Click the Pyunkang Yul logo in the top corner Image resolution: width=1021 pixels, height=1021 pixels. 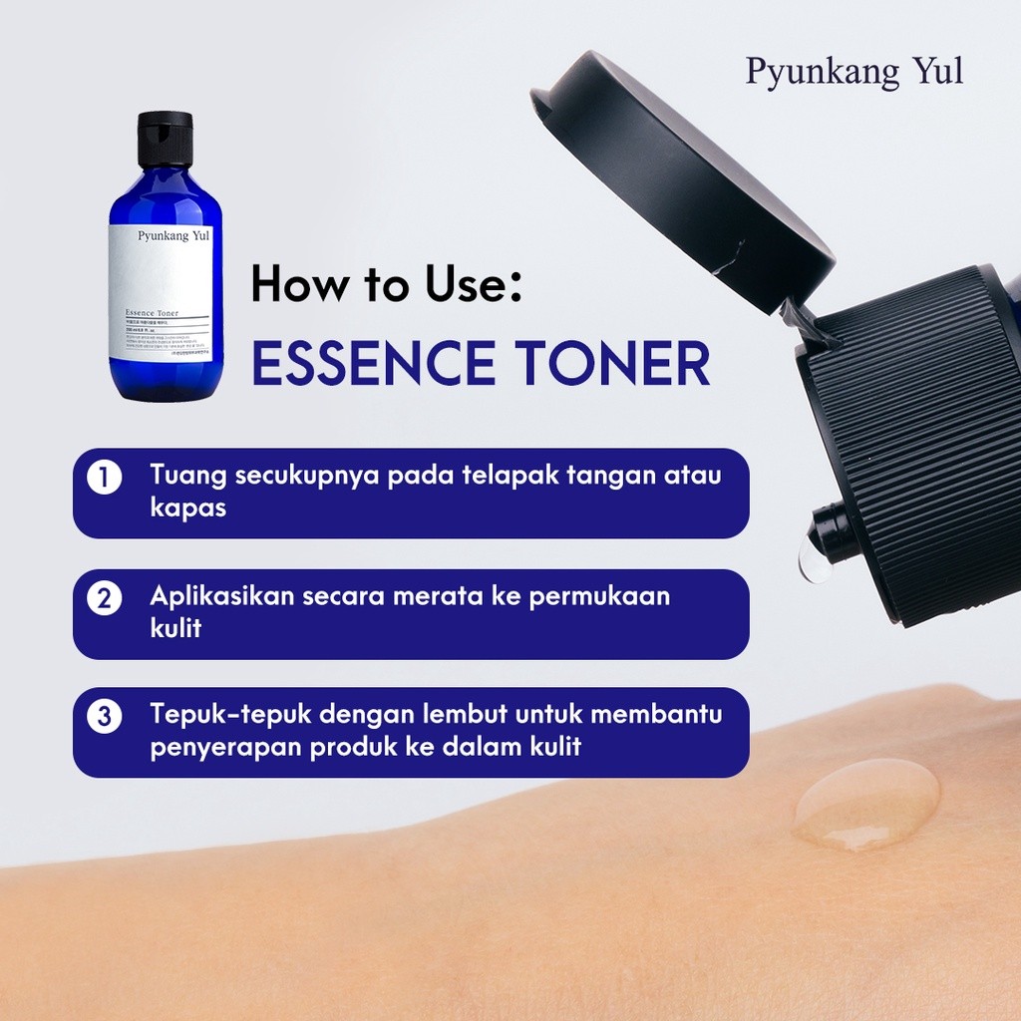[854, 73]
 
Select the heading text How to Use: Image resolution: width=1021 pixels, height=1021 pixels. [387, 284]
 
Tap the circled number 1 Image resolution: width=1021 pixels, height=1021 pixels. [105, 478]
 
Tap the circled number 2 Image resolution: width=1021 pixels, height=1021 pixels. [105, 598]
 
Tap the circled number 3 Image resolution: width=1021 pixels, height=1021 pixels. [105, 717]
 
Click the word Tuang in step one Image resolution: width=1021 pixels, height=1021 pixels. [188, 476]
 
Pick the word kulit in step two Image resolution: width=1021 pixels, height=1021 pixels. [175, 628]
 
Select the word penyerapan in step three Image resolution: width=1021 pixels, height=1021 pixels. [226, 747]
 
